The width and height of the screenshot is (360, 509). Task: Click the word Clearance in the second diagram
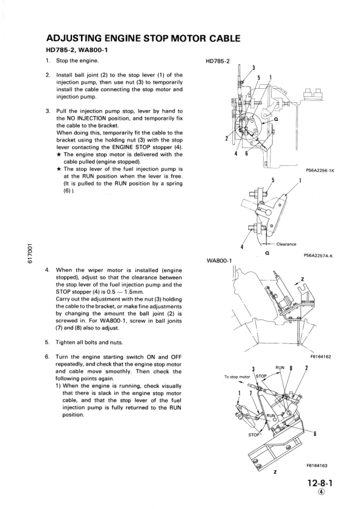(x=286, y=244)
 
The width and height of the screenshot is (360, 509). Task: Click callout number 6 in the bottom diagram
(x=314, y=433)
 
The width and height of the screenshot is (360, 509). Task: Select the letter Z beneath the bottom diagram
(x=275, y=473)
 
